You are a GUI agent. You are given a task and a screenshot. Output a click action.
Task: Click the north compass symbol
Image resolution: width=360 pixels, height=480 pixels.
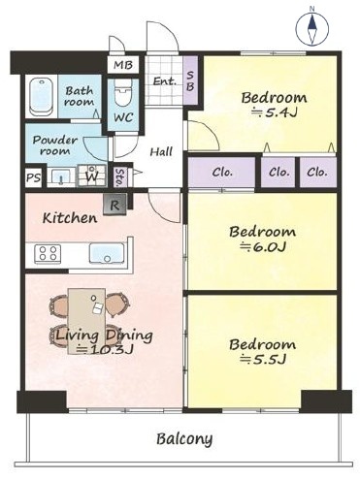[311, 28]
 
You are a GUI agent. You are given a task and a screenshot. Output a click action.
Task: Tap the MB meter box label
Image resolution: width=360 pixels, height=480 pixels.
[123, 65]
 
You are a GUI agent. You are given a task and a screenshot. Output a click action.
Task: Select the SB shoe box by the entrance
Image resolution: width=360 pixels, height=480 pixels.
[190, 80]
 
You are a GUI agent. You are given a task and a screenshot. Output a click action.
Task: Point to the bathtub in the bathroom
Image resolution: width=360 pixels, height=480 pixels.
[41, 96]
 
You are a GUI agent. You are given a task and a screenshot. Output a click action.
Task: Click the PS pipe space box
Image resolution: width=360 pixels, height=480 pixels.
[34, 177]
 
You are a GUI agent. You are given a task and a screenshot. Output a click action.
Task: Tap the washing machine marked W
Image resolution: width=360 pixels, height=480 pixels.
[92, 176]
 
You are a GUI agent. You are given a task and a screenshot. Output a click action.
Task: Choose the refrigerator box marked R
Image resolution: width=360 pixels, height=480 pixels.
[115, 205]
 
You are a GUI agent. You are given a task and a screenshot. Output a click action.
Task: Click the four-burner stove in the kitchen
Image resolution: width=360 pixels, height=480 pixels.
[49, 253]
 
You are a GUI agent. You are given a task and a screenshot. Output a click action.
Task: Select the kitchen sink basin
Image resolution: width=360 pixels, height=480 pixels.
[107, 253]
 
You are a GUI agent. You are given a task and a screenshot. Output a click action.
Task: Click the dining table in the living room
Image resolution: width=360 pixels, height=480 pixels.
[86, 321]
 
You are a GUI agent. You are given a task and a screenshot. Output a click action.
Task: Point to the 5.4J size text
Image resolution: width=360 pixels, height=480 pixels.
[275, 112]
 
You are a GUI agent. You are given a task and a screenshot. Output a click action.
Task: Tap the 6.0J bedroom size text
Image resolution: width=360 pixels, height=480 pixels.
[262, 247]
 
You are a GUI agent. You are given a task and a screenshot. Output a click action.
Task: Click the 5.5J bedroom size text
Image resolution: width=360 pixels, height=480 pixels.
[262, 360]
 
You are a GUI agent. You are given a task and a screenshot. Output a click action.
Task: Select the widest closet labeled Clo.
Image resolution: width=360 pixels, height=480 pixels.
[222, 172]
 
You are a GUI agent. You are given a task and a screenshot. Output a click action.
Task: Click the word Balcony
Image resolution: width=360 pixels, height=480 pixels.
[184, 439]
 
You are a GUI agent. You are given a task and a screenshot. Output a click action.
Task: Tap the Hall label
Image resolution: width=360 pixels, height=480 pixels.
[161, 152]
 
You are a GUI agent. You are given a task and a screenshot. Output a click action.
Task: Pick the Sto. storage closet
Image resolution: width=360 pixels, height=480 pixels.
[119, 177]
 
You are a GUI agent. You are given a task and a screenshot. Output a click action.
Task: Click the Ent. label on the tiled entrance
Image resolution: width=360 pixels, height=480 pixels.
[165, 80]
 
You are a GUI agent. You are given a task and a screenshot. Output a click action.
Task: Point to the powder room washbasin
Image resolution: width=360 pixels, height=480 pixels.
[61, 177]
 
